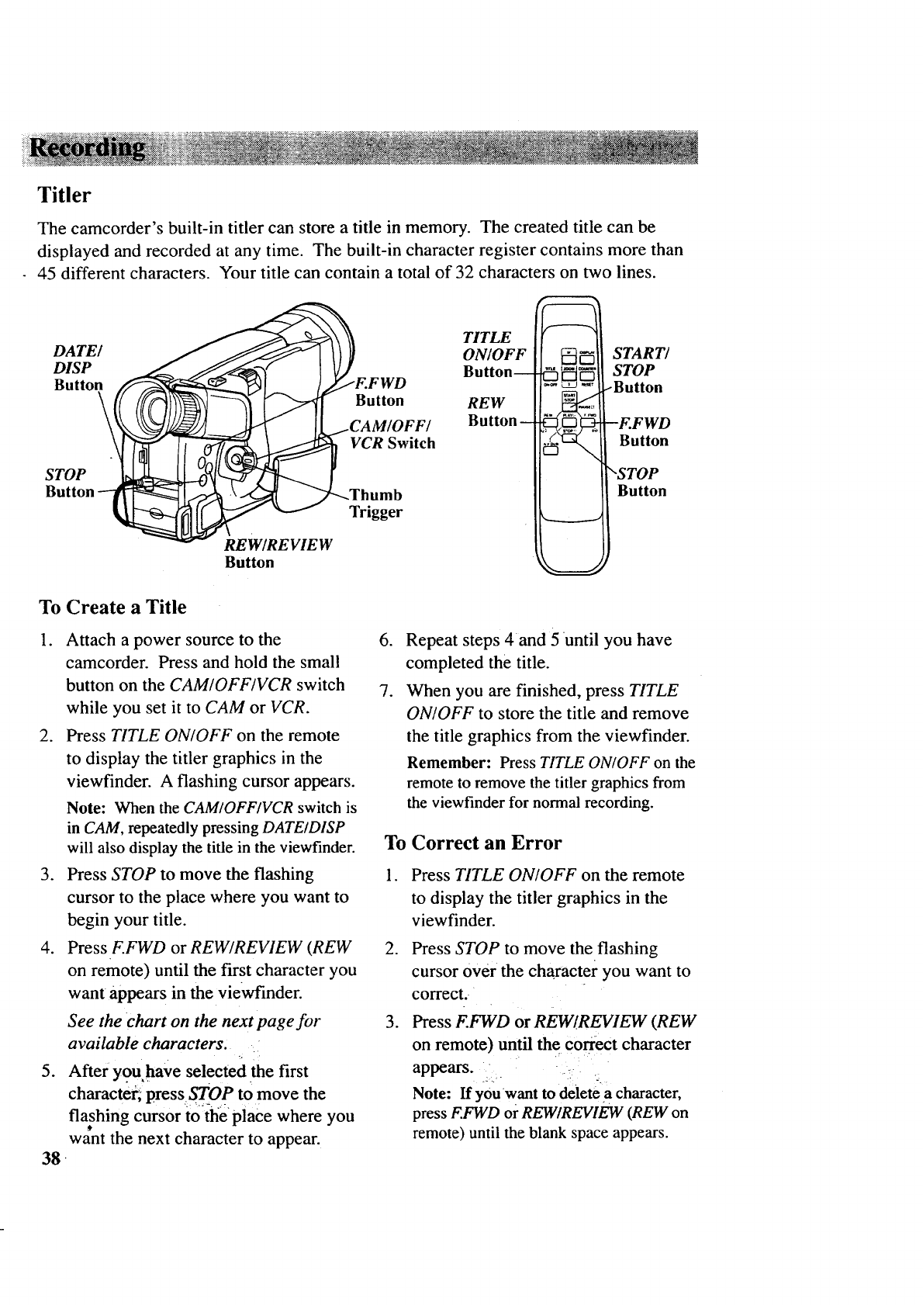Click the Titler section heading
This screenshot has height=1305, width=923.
pyautogui.click(x=64, y=195)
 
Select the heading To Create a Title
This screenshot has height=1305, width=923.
pyautogui.click(x=112, y=607)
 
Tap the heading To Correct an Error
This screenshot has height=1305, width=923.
pyautogui.click(x=473, y=843)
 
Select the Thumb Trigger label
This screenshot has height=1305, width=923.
pyautogui.click(x=376, y=504)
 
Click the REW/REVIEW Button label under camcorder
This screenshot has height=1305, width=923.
pyautogui.click(x=278, y=552)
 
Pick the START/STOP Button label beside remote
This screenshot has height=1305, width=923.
pyautogui.click(x=638, y=370)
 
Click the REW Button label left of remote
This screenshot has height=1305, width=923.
pyautogui.click(x=489, y=412)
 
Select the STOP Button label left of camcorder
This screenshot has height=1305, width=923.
pyautogui.click(x=68, y=483)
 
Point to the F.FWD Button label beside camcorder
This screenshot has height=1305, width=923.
pyautogui.click(x=380, y=392)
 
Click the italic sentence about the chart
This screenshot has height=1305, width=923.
pyautogui.click(x=194, y=1030)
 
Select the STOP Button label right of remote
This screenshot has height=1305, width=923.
pyautogui.click(x=641, y=482)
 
